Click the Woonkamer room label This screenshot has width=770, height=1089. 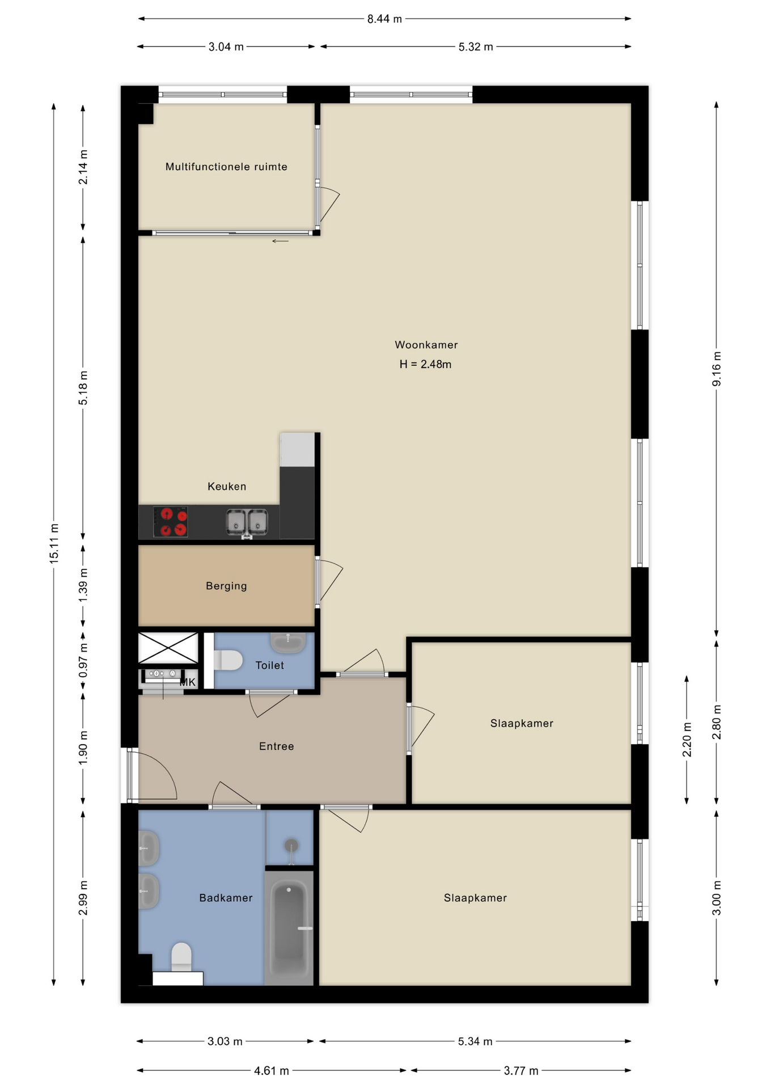coord(426,345)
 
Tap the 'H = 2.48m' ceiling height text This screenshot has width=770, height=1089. coord(425,364)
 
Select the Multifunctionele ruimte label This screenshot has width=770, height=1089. coord(226,167)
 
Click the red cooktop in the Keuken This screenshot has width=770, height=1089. coord(171,522)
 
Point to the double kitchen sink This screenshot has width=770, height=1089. coord(247,522)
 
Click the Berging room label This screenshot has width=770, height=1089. coord(226,586)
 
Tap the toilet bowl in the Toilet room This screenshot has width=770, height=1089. coord(228,660)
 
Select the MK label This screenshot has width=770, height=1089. coord(188,682)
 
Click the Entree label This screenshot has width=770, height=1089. coord(277,746)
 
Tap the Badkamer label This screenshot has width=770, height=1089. coord(226,898)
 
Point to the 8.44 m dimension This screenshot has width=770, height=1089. coord(384,19)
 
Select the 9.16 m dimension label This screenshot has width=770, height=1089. coord(717,369)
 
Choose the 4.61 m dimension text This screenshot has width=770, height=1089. coord(272,1071)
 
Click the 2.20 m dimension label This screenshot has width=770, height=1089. coord(687,740)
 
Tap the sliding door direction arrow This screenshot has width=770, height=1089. coord(280,241)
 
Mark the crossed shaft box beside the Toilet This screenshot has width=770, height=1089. coord(168,648)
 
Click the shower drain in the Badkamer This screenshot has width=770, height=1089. coord(291,846)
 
